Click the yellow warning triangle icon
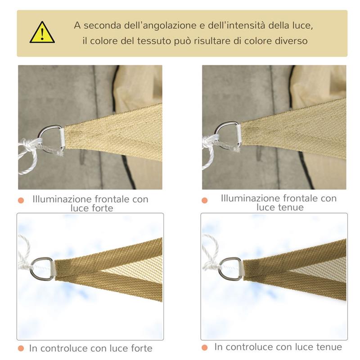click(x=42, y=33)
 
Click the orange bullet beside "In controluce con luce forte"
click(x=21, y=348)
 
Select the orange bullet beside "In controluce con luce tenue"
click(x=205, y=347)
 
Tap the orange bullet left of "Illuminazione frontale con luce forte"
click(x=21, y=200)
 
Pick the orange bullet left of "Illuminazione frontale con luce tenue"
click(x=205, y=200)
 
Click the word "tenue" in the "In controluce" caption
click(x=327, y=347)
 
